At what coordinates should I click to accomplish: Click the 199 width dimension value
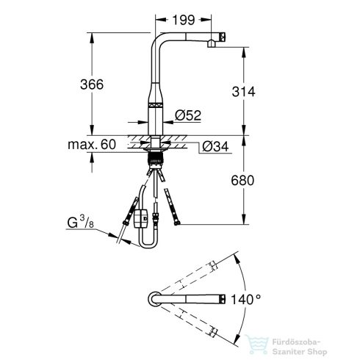[x=184, y=20]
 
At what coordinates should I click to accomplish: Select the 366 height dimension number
[x=92, y=84]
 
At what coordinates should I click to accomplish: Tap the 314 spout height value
[x=243, y=92]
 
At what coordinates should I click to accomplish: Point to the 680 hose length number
[x=242, y=181]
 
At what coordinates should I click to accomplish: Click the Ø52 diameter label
[x=188, y=115]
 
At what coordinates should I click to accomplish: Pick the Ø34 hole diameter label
[x=215, y=147]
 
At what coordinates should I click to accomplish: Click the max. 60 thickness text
[x=92, y=145]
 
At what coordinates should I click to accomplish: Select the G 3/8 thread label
[x=81, y=222]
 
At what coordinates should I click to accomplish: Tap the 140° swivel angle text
[x=246, y=299]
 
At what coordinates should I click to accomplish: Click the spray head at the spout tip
[x=222, y=37]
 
